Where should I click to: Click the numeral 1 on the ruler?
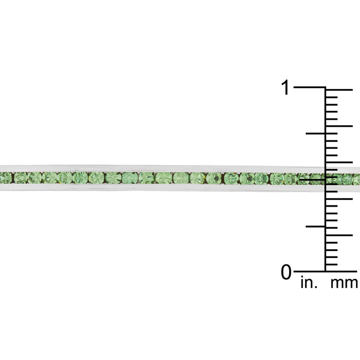tap(285, 88)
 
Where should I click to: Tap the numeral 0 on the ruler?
tap(286, 272)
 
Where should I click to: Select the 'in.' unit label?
tap(309, 283)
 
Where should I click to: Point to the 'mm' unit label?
tap(344, 284)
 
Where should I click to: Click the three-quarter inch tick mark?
tap(316, 133)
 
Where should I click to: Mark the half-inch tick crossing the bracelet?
tap(312, 179)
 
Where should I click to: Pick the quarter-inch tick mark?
tap(316, 227)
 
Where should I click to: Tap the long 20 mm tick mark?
tap(339, 126)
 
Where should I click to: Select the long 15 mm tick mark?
tap(339, 162)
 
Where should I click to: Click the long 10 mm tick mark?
tap(339, 199)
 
